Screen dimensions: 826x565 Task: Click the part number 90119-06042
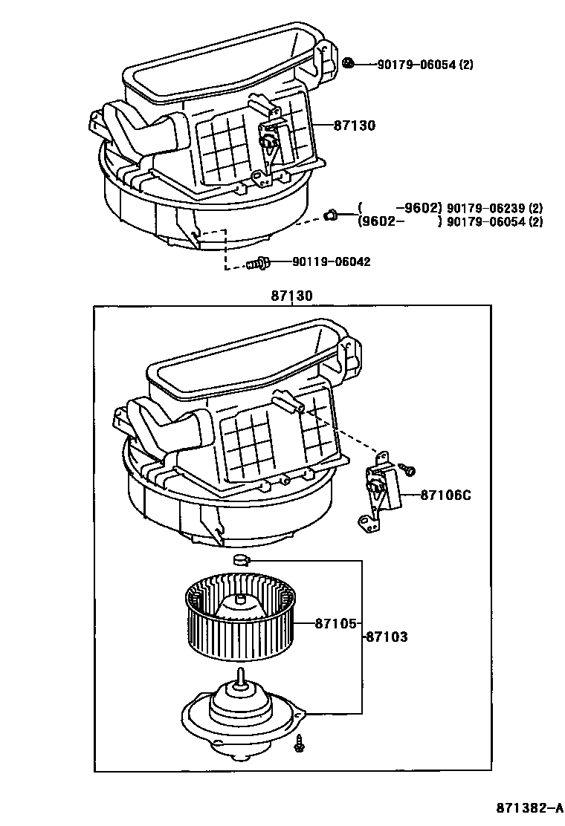pyautogui.click(x=331, y=261)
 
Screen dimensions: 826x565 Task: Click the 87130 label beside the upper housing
pyautogui.click(x=354, y=126)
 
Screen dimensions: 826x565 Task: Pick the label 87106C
pyautogui.click(x=446, y=495)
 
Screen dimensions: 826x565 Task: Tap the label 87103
pyautogui.click(x=387, y=637)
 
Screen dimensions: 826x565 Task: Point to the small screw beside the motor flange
pyautogui.click(x=299, y=743)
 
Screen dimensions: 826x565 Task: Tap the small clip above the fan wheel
pyautogui.click(x=242, y=560)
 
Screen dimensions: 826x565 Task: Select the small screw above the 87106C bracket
pyautogui.click(x=407, y=469)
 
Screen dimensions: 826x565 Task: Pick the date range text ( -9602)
pyautogui.click(x=400, y=208)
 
